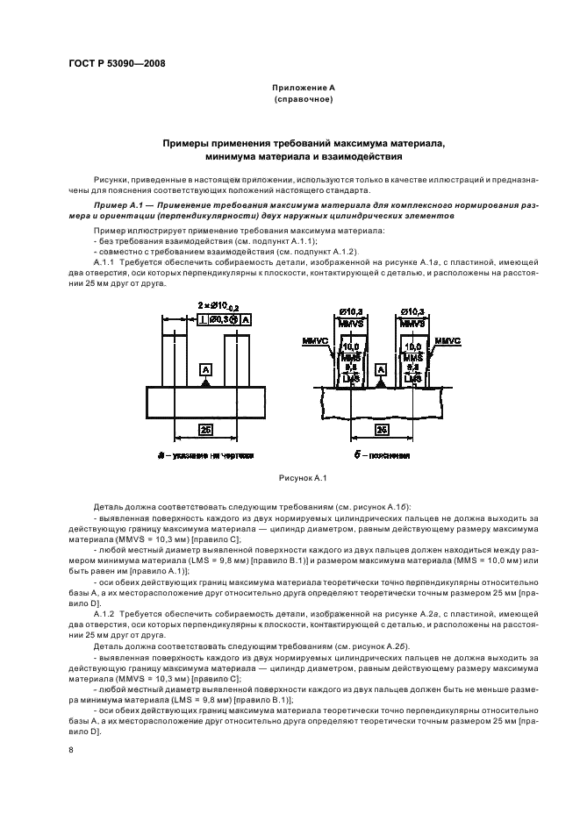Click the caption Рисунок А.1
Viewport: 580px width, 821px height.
click(302, 477)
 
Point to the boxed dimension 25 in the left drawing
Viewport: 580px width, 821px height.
click(205, 430)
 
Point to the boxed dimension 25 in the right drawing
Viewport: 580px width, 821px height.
click(382, 430)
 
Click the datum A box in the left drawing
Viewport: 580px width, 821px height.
click(205, 371)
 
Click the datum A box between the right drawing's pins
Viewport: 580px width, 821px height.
click(382, 371)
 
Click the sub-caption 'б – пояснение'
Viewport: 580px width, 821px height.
click(382, 455)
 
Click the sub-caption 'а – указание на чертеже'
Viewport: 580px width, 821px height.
click(205, 455)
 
